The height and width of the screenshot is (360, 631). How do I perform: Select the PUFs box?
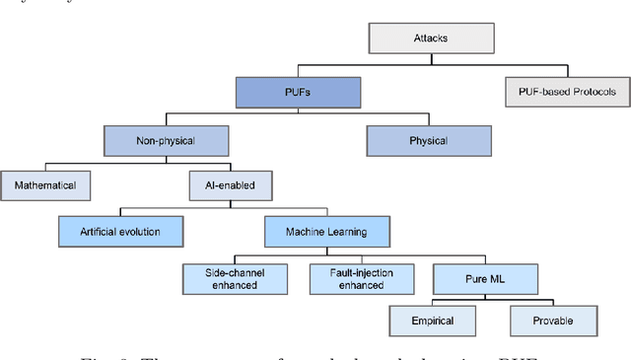pyautogui.click(x=296, y=94)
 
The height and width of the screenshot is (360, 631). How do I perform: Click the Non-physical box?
pyautogui.click(x=164, y=141)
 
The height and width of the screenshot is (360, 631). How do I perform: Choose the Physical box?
pyautogui.click(x=428, y=141)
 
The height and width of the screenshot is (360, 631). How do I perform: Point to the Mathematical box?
pyautogui.click(x=45, y=184)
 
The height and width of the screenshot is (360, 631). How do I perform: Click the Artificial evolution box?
pyautogui.click(x=120, y=232)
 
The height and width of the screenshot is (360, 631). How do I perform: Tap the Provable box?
pyautogui.click(x=553, y=321)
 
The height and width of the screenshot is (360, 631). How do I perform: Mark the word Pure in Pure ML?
pyautogui.click(x=457, y=278)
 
